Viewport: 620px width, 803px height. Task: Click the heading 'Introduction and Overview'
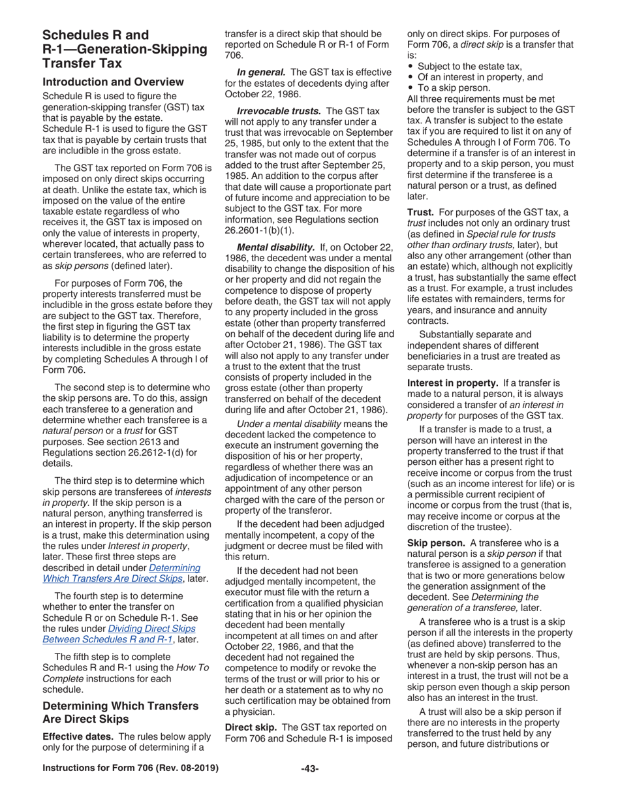click(x=113, y=82)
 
